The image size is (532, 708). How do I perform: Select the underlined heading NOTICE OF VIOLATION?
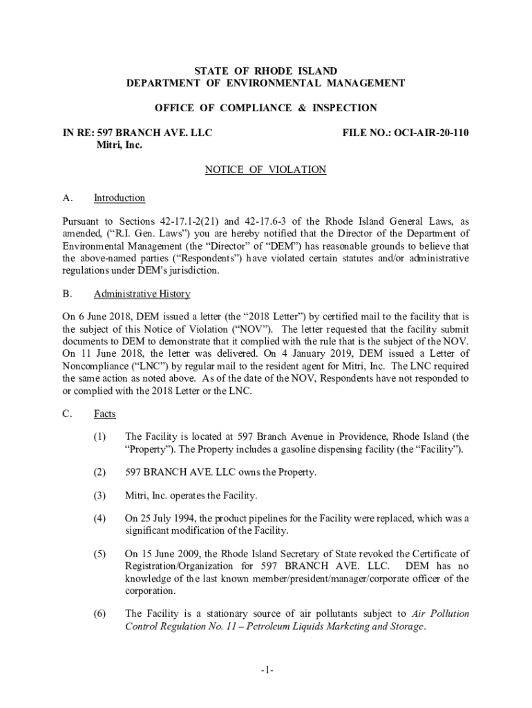click(x=265, y=169)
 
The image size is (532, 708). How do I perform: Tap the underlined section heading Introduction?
click(x=120, y=198)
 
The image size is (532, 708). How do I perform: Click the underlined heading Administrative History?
click(x=142, y=294)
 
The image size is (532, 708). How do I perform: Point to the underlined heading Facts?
click(x=105, y=414)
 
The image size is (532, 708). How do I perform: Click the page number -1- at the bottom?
click(x=268, y=671)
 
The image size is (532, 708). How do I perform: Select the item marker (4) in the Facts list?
click(x=100, y=519)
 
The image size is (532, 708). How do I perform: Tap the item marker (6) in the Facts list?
click(x=100, y=614)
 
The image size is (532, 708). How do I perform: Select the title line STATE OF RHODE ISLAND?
click(x=265, y=71)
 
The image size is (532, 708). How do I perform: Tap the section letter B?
click(x=66, y=294)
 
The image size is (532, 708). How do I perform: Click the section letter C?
click(x=66, y=414)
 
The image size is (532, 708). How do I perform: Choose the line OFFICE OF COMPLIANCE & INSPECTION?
click(x=265, y=108)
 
